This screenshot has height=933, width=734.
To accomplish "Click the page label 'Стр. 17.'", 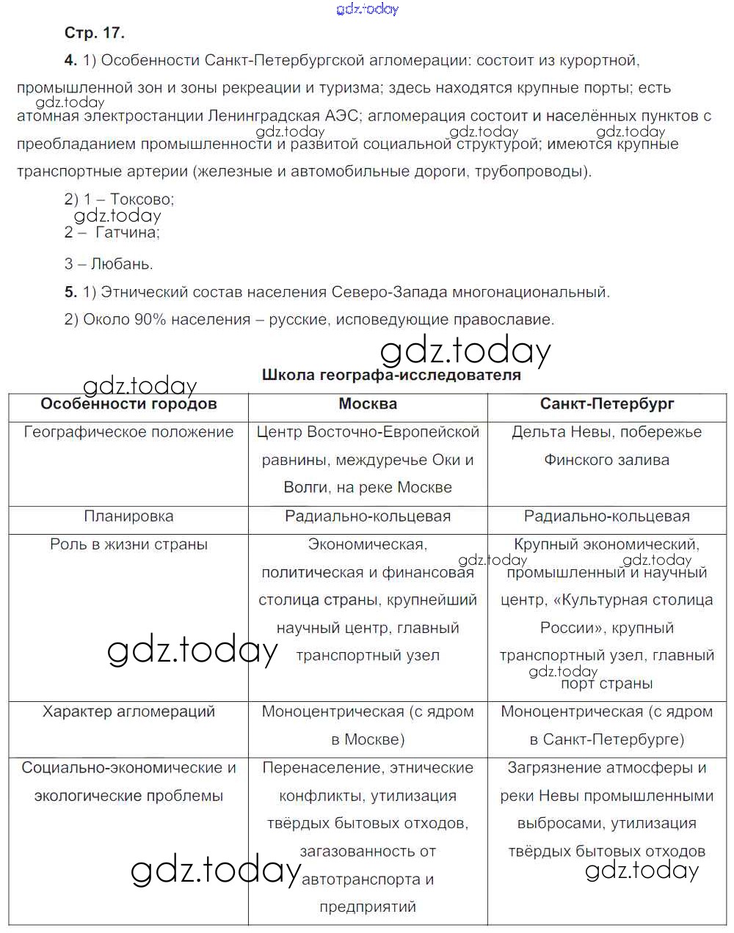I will coord(95,33).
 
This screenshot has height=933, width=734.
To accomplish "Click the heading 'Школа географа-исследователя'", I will coord(391,375).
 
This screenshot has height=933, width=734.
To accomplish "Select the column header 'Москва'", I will coord(368,404).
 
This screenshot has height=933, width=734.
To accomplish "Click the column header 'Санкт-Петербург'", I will coord(607,404).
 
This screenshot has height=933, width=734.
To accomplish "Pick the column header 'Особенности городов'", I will coord(128,404).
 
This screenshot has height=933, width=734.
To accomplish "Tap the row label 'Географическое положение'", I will coord(128,433).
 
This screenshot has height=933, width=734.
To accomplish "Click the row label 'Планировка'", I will coord(128,516).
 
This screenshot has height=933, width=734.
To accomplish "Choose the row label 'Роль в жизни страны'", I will coord(128,544).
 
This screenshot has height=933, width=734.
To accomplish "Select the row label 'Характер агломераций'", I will coord(128,711).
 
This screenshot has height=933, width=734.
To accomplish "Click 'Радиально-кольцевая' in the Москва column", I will coord(368,516).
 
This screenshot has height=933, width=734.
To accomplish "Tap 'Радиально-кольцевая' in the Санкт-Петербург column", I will coord(607,516).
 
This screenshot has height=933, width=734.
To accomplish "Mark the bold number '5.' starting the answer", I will coord(70,292).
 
